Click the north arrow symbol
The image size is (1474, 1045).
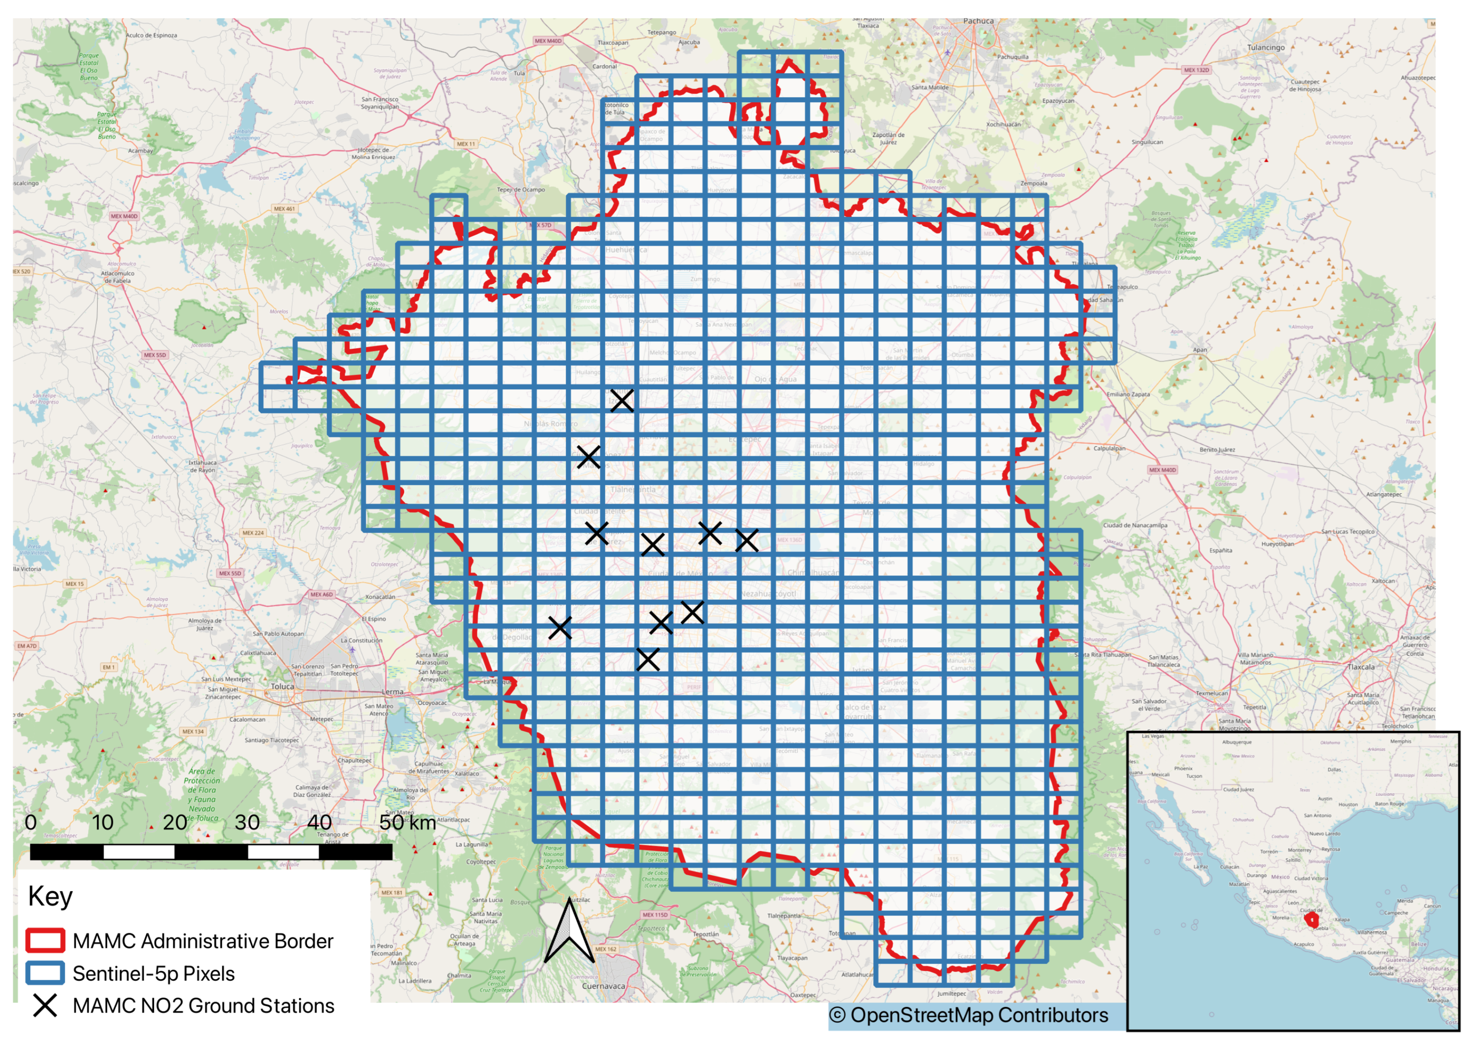click(x=569, y=933)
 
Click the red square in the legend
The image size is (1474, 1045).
click(x=45, y=941)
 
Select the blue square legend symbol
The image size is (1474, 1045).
click(x=45, y=973)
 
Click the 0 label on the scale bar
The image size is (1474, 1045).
click(x=30, y=822)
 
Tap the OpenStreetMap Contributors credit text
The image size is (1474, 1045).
click(x=968, y=1015)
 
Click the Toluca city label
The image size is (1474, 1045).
click(x=282, y=686)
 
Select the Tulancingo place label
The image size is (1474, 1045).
click(x=1265, y=48)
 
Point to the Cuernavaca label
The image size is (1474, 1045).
click(x=603, y=986)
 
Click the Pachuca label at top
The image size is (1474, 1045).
click(x=978, y=21)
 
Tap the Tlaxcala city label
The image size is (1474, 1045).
click(x=1361, y=667)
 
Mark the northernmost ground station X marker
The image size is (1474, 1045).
click(x=622, y=400)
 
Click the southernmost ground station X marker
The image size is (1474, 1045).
click(x=648, y=660)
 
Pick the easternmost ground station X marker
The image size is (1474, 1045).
click(x=746, y=540)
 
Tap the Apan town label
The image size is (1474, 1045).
click(x=1200, y=350)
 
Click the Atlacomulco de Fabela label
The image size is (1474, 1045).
click(x=118, y=277)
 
